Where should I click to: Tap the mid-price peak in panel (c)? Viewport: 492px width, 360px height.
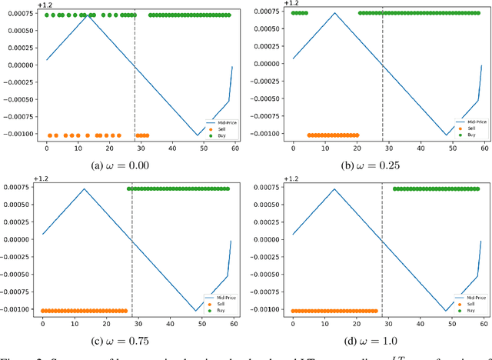tap(84, 188)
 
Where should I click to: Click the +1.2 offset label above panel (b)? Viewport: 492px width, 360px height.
tap(291, 4)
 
